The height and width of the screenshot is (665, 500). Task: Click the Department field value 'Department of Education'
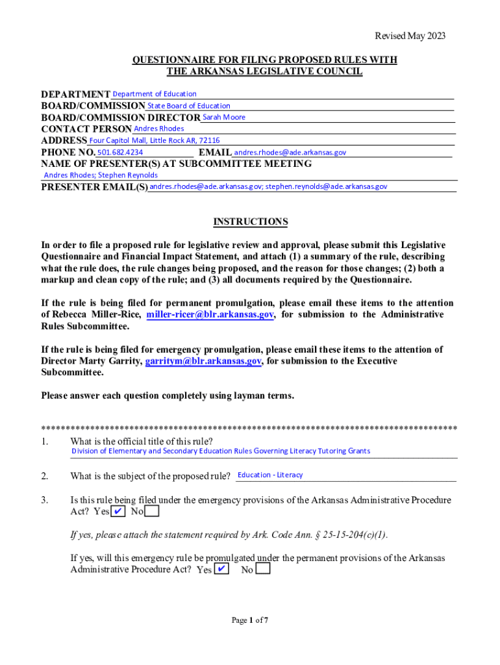coord(155,94)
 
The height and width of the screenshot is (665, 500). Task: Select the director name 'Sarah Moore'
coord(224,118)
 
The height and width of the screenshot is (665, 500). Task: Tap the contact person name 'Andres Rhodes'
coord(158,129)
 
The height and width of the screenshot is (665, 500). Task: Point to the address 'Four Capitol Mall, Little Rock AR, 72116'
coord(155,140)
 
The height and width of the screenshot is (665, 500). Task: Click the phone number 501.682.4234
coord(119,152)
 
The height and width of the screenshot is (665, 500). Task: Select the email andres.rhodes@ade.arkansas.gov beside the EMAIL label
coord(290,152)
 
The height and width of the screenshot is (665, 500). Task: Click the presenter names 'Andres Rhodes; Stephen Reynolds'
coord(101,175)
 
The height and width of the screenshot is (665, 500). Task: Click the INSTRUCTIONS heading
coord(250,222)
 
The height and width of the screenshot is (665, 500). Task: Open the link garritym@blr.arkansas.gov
coord(203,361)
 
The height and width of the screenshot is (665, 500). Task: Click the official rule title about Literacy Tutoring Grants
coord(221,451)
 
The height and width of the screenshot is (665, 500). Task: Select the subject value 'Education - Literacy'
coord(270,475)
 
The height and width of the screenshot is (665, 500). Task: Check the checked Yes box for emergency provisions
coord(118,512)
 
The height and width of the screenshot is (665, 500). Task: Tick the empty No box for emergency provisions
coord(152,512)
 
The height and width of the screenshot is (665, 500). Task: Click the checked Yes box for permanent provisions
coord(221,570)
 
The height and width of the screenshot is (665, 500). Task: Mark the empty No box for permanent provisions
coord(263,570)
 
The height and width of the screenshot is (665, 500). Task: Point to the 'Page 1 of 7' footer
coord(250,620)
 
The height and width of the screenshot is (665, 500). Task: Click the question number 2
coord(44,476)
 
